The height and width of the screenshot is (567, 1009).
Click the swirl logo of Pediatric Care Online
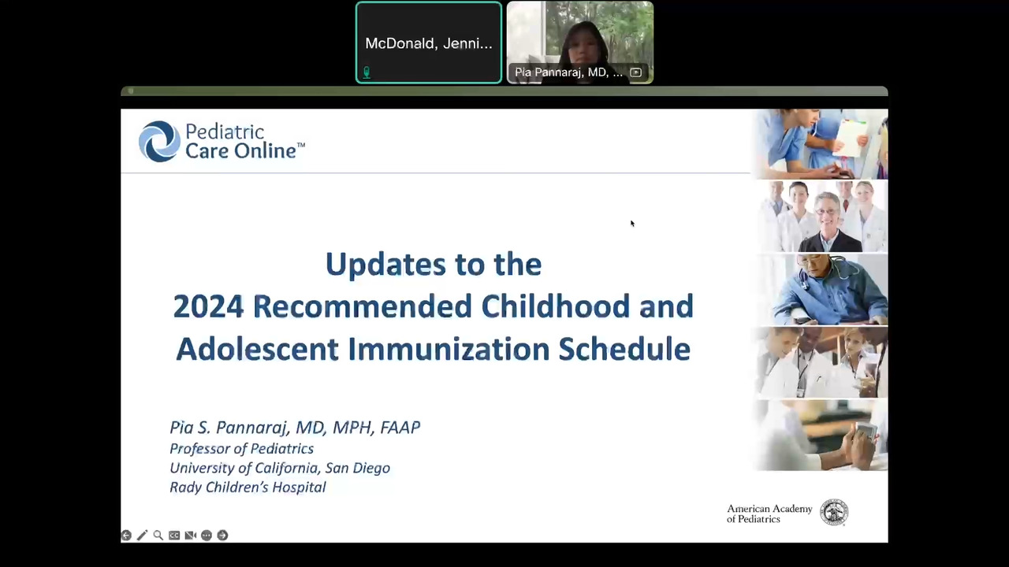tap(159, 141)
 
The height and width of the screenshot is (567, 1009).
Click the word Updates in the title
tap(385, 265)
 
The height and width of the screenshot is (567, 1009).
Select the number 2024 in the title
tap(208, 306)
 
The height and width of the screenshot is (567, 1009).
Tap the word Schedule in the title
tap(624, 349)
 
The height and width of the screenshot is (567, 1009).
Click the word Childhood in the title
tap(555, 306)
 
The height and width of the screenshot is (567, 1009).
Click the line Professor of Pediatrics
tap(241, 449)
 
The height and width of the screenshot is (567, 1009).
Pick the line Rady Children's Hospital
tap(248, 487)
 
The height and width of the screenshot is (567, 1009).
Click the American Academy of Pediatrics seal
tap(834, 513)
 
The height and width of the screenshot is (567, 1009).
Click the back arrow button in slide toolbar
tap(126, 535)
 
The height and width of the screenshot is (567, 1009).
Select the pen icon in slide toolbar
tap(143, 535)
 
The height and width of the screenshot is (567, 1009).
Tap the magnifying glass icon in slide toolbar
tap(158, 535)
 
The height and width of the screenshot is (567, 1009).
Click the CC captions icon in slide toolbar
tap(174, 535)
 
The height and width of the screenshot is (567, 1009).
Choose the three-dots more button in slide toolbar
tap(207, 535)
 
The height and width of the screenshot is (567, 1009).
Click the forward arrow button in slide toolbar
tap(222, 535)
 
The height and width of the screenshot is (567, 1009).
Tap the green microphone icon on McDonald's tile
tap(367, 72)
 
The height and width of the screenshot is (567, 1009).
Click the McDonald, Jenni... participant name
tap(428, 43)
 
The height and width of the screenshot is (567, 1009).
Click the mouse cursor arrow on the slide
tap(632, 223)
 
